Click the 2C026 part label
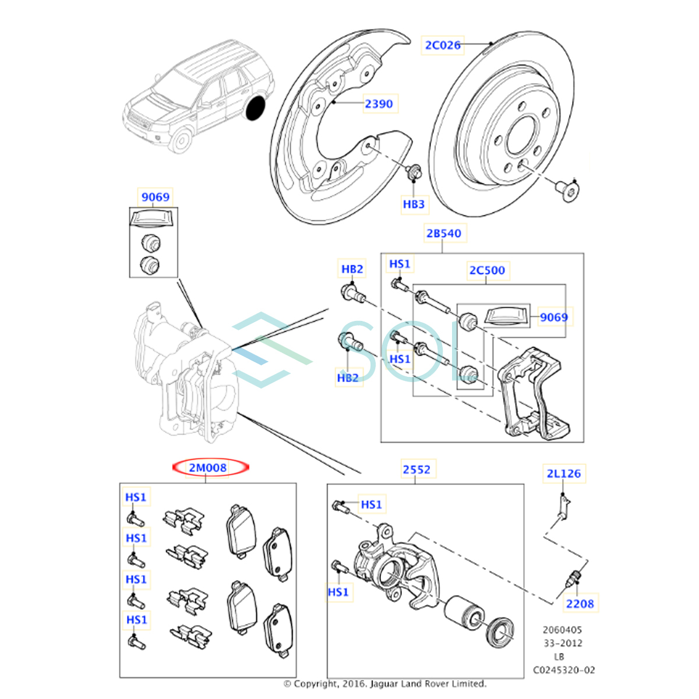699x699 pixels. click(443, 45)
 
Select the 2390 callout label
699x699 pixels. click(379, 104)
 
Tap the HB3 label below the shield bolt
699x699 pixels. click(414, 204)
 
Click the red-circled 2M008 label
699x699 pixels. click(208, 467)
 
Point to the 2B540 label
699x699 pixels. click(443, 233)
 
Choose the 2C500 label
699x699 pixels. click(487, 270)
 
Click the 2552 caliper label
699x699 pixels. click(416, 469)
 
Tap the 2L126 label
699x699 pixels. click(563, 474)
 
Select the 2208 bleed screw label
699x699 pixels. click(580, 603)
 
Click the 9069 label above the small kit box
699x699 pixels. click(156, 197)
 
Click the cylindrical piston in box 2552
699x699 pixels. click(463, 612)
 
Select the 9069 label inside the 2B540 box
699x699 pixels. click(553, 317)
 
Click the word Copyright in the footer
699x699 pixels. click(315, 683)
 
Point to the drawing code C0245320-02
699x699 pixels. click(564, 670)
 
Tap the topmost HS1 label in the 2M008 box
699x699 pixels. click(136, 497)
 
